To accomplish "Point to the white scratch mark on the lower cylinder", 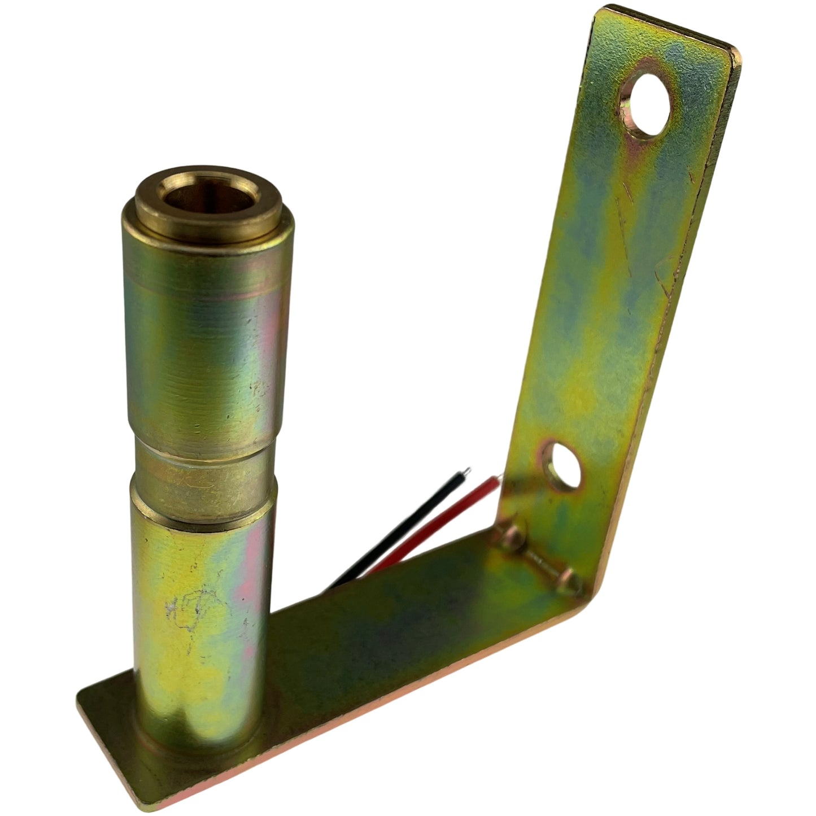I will (186, 607).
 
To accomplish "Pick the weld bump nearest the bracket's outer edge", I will (570, 582).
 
